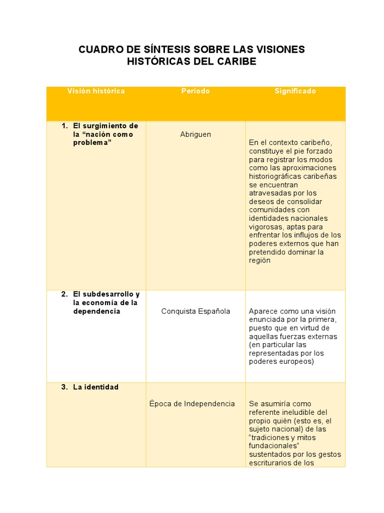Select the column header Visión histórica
96,91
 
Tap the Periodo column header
195,91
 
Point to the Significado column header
295,91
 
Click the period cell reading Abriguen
195,134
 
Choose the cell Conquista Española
195,311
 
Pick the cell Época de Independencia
192,404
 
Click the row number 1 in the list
64,126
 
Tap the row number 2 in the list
64,294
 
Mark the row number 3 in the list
64,387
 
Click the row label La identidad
95,387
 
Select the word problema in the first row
91,143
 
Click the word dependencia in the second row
96,311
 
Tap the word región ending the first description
259,261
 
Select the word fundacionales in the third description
273,446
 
